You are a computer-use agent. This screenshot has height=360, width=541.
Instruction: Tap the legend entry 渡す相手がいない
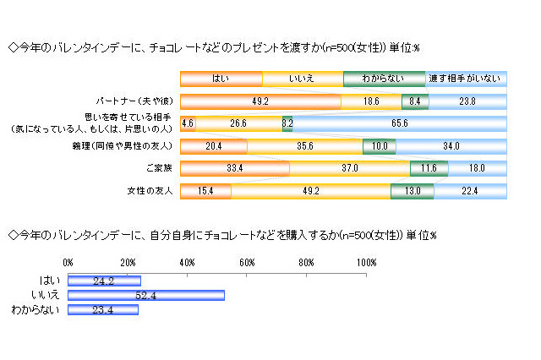pos(466,79)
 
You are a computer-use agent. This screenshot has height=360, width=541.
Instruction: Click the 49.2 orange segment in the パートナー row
pos(260,101)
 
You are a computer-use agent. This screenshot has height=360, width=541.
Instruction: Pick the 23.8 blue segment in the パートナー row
pos(468,101)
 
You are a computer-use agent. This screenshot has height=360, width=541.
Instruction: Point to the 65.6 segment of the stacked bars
pos(400,123)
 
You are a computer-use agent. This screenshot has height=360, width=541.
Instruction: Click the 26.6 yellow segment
pos(238,123)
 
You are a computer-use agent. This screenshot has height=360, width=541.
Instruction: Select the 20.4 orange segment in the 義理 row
pos(214,146)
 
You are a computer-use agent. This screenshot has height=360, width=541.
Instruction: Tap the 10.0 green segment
pos(380,146)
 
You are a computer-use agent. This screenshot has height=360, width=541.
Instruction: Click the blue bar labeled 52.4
pos(145,295)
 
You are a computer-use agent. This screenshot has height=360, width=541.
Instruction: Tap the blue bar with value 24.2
pos(104,280)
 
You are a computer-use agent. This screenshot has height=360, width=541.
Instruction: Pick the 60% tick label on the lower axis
pos(248,263)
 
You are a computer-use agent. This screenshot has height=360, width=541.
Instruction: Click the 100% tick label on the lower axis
pos(366,263)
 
